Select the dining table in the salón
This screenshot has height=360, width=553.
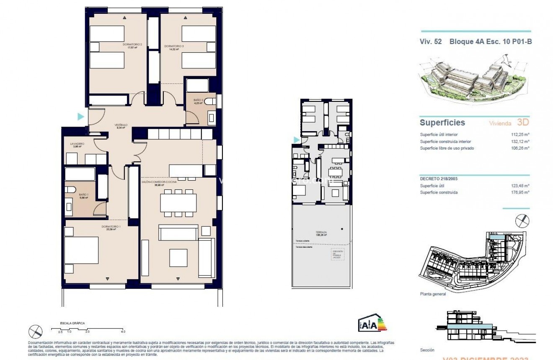[x=178, y=203]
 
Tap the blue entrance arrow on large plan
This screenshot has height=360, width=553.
[x=81, y=117]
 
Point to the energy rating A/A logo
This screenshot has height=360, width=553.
[x=372, y=324]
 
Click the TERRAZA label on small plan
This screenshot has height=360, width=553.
[x=322, y=233]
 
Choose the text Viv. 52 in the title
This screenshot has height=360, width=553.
[x=431, y=41]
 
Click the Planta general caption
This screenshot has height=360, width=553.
[x=433, y=294]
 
